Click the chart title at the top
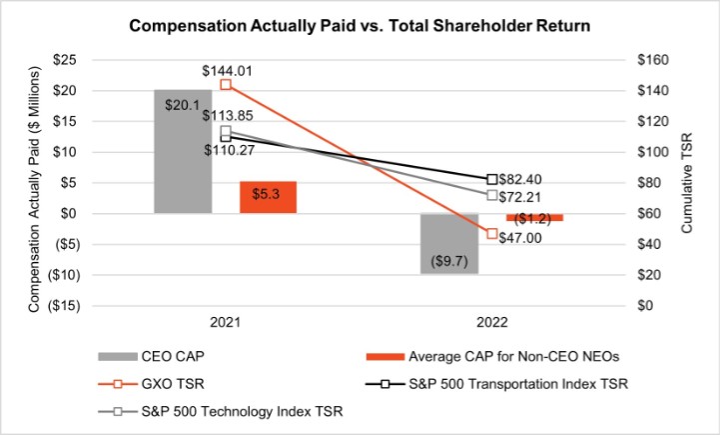pos(360,27)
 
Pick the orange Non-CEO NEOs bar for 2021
pos(269,197)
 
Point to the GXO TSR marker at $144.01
pos(225,84)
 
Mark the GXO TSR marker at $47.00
pos(491,234)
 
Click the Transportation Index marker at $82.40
pos(491,179)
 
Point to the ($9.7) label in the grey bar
pos(448,261)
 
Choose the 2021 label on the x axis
pos(226,323)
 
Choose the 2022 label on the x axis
pos(491,323)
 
